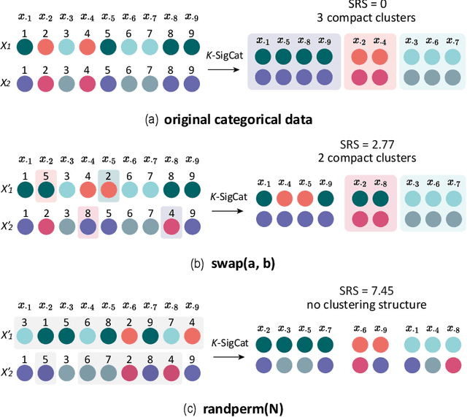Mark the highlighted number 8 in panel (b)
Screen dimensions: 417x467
tap(88, 213)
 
